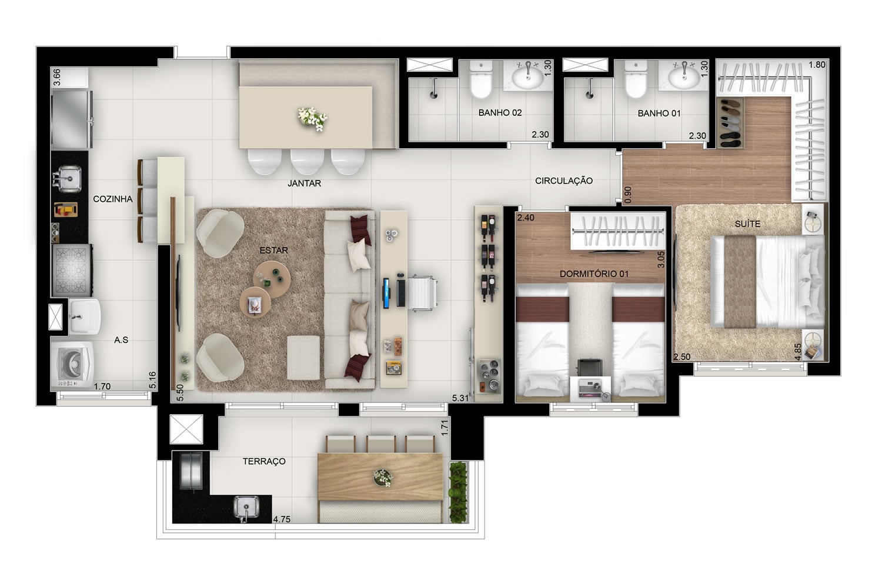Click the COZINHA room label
pos(113,199)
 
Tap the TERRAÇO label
pos(264,461)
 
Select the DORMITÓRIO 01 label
pos(594,274)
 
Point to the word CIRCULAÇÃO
pos(564,181)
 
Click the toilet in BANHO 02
pos(481,80)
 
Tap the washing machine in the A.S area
pos(72,364)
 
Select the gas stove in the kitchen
pos(72,270)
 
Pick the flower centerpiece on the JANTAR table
pos(312,119)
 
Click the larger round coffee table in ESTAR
pos(272,279)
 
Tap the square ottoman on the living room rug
pos(303,358)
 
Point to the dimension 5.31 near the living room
pos(460,398)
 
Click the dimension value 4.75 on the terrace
pos(282,519)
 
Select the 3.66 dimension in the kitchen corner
pos(57,77)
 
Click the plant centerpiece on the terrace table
pos(382,478)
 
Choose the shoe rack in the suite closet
pos(730,122)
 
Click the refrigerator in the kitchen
pos(71,120)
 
